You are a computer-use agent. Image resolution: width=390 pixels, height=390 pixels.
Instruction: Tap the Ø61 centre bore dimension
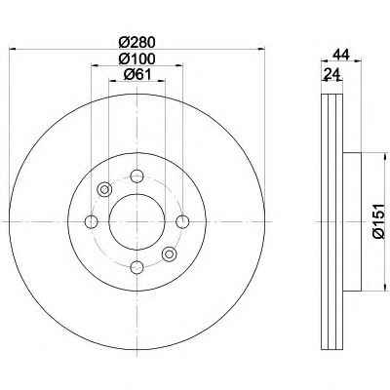136,76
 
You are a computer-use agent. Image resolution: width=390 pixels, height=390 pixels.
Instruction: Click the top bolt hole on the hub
136,176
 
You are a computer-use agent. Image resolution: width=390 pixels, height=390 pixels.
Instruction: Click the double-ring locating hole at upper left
104,189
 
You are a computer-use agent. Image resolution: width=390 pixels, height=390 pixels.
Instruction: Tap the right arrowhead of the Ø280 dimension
263,50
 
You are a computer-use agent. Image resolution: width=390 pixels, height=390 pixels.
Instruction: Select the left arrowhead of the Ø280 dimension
10,50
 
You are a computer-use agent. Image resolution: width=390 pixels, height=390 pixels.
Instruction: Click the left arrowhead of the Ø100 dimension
94,66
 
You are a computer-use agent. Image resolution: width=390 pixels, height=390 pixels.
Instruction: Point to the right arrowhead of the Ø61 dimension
164,84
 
